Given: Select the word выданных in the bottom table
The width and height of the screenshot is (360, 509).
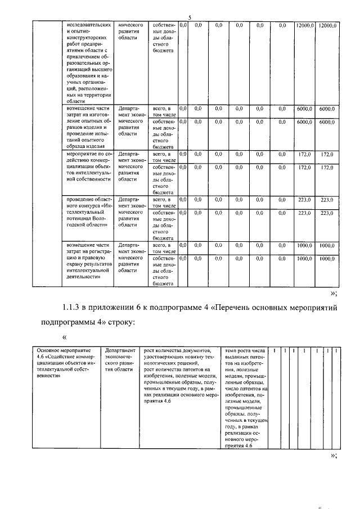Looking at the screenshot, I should tap(237, 357).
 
